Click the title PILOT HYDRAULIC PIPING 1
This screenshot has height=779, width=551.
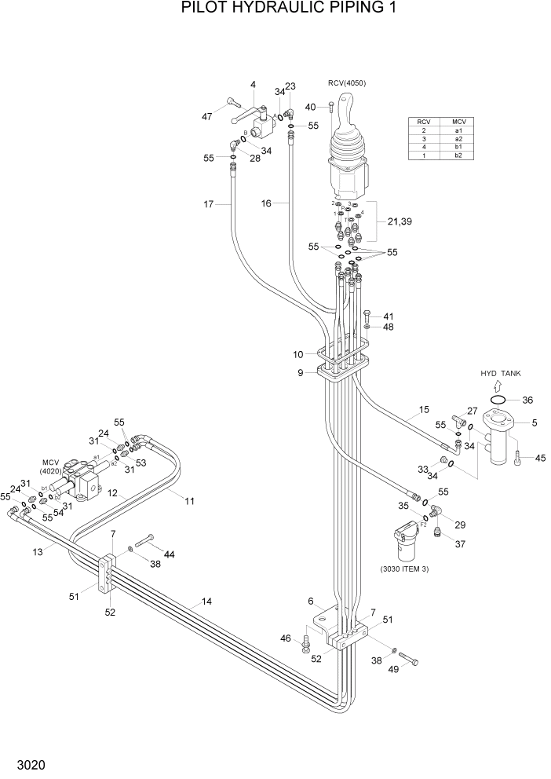click(276, 9)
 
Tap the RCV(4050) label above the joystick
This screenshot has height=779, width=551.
click(346, 83)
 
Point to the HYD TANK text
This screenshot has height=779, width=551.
click(501, 373)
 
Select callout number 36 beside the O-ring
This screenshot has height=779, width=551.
click(527, 400)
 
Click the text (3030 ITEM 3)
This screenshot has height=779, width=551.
click(404, 569)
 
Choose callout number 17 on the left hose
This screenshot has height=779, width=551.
click(208, 205)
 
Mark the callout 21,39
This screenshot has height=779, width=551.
click(400, 222)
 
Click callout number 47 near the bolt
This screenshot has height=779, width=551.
click(207, 117)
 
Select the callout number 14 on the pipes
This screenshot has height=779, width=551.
click(206, 602)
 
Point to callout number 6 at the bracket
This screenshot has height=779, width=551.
click(311, 601)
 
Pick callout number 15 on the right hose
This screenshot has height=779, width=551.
click(424, 409)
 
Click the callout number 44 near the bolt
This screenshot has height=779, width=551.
click(169, 554)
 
